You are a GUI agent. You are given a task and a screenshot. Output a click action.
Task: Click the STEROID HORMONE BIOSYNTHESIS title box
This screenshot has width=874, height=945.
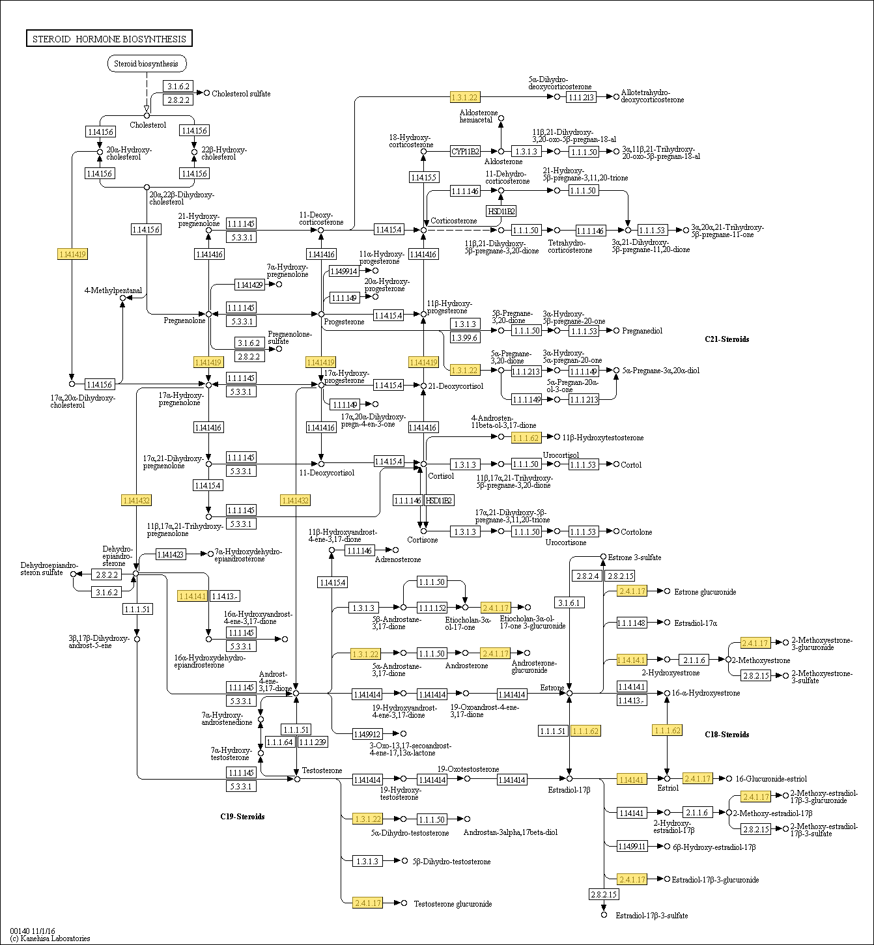[x=109, y=39]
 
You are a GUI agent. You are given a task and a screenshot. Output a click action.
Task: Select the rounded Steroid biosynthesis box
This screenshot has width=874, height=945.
[x=147, y=64]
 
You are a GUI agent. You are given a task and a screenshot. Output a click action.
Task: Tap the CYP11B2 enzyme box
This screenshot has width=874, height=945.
[x=466, y=152]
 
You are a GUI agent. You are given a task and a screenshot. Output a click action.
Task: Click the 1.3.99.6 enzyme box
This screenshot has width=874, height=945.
[x=465, y=337]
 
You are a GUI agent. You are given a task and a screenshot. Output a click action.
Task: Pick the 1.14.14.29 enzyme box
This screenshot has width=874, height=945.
[x=249, y=285]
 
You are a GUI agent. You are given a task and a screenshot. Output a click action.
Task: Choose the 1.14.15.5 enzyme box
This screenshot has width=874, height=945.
[x=423, y=177]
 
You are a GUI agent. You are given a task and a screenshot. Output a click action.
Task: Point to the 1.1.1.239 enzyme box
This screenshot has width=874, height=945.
[x=313, y=742]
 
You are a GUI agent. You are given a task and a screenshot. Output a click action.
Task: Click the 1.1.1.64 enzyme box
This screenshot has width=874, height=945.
[x=280, y=742]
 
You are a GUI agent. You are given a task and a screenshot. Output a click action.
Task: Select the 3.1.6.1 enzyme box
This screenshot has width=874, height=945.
[x=569, y=602]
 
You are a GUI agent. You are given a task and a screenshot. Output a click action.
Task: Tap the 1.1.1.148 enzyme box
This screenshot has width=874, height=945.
[x=632, y=623]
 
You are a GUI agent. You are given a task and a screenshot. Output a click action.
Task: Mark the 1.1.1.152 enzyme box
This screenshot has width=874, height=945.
[x=432, y=608]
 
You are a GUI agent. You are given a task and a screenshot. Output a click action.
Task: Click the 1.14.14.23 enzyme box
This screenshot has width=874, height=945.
[x=171, y=554]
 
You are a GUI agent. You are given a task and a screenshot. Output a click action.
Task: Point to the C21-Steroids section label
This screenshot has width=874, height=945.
[x=727, y=339]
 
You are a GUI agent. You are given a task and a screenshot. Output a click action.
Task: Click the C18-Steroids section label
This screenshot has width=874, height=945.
[x=727, y=735]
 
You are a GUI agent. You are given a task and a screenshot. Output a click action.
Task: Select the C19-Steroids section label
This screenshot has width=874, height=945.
[x=242, y=817]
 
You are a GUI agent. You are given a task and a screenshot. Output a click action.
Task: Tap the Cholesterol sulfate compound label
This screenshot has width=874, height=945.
[x=241, y=94]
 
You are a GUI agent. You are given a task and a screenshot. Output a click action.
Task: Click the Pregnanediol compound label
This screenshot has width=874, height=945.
[x=642, y=331]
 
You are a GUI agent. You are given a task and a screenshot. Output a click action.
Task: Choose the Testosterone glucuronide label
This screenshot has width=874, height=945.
[x=453, y=904]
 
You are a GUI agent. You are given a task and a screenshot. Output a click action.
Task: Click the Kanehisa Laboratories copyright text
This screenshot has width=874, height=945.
[x=50, y=938]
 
